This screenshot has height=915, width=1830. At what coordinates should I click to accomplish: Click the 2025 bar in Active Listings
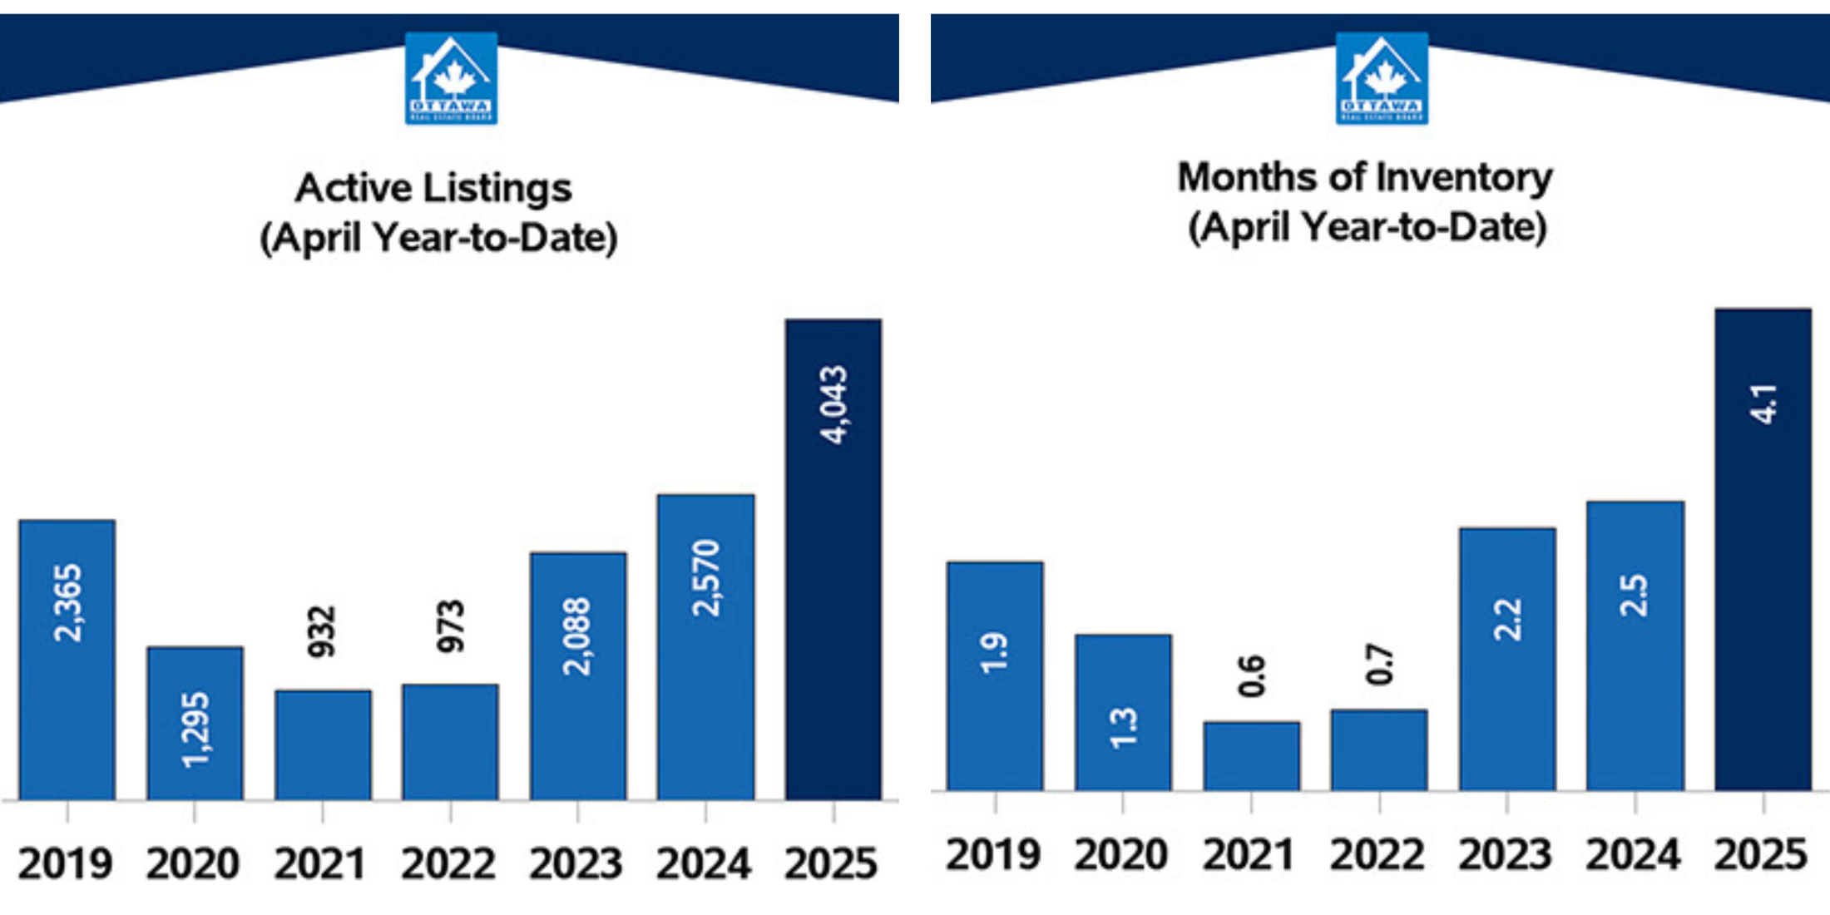[x=833, y=582]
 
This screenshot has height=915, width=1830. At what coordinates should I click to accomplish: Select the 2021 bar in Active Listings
[x=323, y=744]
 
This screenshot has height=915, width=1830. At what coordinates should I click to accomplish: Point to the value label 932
[x=322, y=632]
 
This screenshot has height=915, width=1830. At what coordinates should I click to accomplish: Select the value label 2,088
[x=577, y=636]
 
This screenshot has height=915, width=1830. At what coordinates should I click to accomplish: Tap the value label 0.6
[x=1251, y=675]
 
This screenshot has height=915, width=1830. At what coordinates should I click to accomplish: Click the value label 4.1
[x=1763, y=404]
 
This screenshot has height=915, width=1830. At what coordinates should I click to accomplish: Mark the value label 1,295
[x=196, y=730]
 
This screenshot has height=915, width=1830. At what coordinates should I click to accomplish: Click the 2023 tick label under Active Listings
[x=576, y=863]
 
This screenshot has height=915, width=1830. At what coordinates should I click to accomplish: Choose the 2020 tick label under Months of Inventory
[x=1121, y=855]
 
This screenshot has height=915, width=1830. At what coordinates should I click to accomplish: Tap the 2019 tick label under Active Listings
[x=66, y=863]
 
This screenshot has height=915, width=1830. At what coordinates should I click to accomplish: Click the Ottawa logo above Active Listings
[x=451, y=78]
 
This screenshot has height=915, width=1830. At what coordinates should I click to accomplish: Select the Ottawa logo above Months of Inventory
[x=1382, y=78]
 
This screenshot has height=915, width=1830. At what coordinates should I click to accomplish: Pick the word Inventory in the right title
[x=1465, y=178]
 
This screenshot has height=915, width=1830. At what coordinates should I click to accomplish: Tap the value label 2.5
[x=1635, y=595]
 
